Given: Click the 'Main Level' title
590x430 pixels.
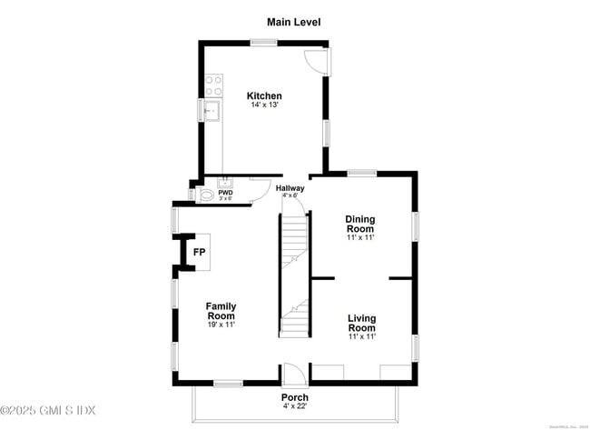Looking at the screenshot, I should coord(293,21).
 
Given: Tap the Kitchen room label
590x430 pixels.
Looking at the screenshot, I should coord(264,95).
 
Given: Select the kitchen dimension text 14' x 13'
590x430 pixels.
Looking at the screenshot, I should coord(264,105).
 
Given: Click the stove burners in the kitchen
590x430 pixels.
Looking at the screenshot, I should coord(213,85).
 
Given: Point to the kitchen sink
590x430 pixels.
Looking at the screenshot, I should coord(212,112).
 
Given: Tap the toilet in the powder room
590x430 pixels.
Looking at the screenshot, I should coord(205,195).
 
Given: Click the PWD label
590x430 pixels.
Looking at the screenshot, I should coord(225,192).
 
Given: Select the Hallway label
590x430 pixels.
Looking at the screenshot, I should coord(290,188).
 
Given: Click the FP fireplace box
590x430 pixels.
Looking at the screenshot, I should coord(199,252).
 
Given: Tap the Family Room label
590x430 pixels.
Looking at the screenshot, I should coord(221,311).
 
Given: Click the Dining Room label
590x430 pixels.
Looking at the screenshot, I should coord(359,224).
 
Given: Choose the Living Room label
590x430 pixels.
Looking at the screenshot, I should coord(361,322).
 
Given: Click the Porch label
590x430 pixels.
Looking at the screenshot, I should coord(294,397).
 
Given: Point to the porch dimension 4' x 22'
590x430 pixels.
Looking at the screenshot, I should coord(294,407).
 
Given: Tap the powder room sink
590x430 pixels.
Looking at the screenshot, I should coord(226,182).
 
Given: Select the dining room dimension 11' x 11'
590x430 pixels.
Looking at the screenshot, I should coord(359,238).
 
